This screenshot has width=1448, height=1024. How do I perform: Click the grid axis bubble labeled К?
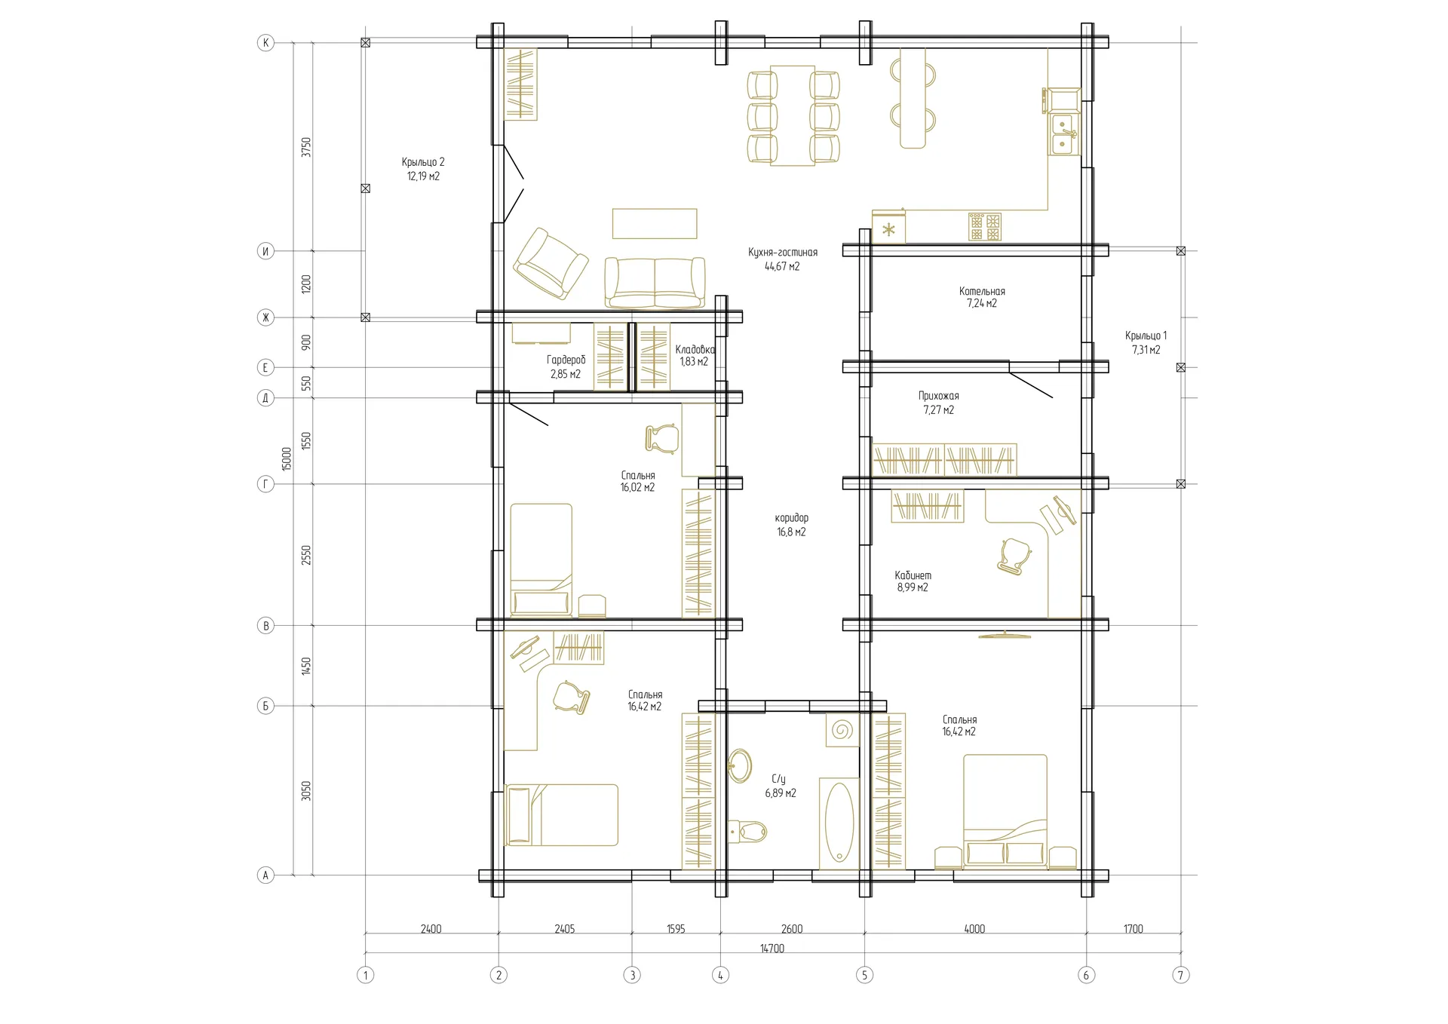coord(265,43)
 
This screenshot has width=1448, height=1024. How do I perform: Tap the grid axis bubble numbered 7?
coord(1181,975)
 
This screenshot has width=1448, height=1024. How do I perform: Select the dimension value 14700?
coord(772,949)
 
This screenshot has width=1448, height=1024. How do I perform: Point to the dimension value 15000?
coord(287,458)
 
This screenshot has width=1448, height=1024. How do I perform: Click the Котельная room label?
coord(982,291)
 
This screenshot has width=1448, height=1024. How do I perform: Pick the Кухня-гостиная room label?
coord(783,253)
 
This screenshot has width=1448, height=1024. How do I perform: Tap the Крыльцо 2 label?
coord(423,162)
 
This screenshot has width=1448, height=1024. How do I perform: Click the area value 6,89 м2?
coord(781,793)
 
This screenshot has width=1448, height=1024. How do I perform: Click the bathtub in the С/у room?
coord(839,822)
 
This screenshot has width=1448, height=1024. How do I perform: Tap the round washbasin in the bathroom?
coord(741,766)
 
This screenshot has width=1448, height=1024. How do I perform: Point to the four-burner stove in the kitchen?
coord(985,226)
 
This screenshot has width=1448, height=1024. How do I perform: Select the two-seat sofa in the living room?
coord(655,283)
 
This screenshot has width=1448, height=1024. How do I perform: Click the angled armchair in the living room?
coord(551,263)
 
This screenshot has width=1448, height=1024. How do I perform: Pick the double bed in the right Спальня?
coord(1005,811)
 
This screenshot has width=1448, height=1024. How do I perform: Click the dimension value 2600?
coord(792,929)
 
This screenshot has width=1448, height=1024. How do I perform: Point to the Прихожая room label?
coord(939,396)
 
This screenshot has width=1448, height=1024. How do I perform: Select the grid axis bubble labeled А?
coord(265,875)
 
